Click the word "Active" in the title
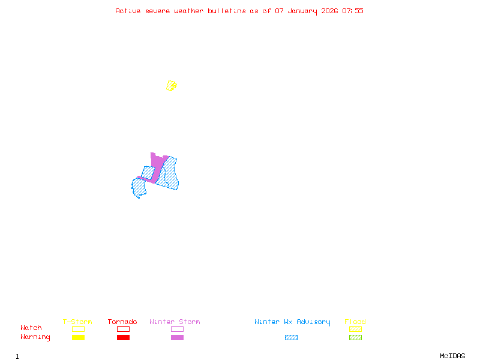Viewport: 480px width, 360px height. (128, 11)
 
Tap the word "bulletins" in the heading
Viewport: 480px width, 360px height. (226, 11)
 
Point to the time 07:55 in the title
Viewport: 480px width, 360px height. (353, 11)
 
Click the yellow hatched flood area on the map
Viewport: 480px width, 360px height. (172, 85)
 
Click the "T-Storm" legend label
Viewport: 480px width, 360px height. (77, 322)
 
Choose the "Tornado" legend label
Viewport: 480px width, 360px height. (122, 322)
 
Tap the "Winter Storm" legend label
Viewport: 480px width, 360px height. (175, 322)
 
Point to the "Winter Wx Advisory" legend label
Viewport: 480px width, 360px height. (292, 322)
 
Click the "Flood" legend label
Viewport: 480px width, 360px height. (355, 322)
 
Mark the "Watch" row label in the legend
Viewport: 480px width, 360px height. (31, 328)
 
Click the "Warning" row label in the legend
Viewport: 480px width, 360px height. (35, 337)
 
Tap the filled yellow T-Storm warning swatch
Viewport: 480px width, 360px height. (78, 338)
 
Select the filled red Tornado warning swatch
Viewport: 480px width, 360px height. (123, 338)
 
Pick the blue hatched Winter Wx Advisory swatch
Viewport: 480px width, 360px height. (291, 338)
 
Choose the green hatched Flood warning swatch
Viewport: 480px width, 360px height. (355, 338)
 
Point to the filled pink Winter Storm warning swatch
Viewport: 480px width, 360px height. (177, 338)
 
